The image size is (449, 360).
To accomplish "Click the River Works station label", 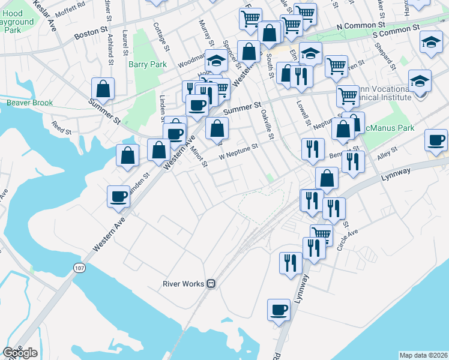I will tap(184, 283).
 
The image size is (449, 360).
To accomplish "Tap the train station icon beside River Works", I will tap(211, 283).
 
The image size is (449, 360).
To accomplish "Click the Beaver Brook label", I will tap(29, 103).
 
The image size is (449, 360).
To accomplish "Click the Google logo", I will tap(20, 352).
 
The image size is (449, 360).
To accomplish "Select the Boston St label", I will tap(90, 32).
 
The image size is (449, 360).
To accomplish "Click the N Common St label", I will tap(360, 26).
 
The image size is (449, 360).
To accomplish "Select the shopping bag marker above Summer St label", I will tap(104, 89).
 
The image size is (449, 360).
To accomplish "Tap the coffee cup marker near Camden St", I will tap(118, 196).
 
